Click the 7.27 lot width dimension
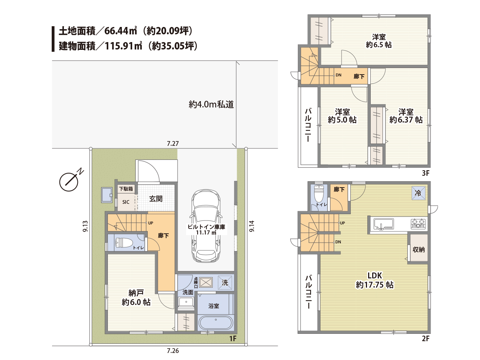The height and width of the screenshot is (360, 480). point(173,144)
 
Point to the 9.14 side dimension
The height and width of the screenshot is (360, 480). point(252,226)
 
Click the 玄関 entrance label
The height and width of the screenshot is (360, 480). point(156,199)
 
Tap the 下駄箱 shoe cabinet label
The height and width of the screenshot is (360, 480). point(126,189)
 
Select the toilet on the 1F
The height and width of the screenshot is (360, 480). point(124,243)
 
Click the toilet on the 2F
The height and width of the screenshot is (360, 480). point(319,194)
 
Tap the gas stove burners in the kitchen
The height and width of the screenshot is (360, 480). point(418,224)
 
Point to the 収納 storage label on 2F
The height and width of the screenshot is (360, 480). point(419,249)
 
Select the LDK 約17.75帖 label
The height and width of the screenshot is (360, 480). point(375,280)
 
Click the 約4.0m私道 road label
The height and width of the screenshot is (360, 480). point(211,104)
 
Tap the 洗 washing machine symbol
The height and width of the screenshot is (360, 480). point(225,282)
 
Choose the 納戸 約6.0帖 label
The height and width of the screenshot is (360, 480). point(136,298)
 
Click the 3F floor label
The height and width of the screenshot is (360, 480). point(426,173)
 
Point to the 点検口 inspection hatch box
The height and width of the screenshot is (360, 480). point(206,282)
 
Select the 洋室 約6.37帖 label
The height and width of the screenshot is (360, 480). point(406,116)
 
